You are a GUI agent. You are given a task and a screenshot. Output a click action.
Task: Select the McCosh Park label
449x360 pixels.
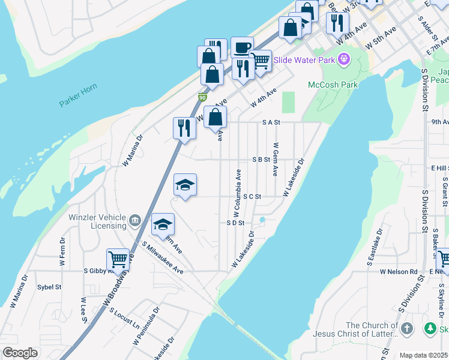pos(333,85)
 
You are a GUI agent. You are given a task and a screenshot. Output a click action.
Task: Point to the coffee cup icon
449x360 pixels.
pos(242,47)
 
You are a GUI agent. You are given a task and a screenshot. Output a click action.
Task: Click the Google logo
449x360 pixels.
pos(20,353)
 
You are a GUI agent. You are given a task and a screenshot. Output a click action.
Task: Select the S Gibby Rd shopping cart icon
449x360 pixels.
pos(118,260)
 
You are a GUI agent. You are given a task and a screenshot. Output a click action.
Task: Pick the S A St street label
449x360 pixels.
pos(271,122)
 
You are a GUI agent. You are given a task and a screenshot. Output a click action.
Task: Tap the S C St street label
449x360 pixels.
pos(252,196)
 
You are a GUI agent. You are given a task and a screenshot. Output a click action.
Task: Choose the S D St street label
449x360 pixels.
pos(235,223)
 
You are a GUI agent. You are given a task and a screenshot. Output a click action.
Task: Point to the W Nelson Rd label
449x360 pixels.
pos(398,271)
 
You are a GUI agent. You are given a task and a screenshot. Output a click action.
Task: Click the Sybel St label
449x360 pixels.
pos(49,287)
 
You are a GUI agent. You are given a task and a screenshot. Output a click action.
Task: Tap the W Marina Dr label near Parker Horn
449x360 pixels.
pos(133,150)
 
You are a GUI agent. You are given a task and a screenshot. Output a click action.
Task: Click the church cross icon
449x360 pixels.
pos(406,328)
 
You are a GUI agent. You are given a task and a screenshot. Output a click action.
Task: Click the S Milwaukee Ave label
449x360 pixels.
pos(163,258)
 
